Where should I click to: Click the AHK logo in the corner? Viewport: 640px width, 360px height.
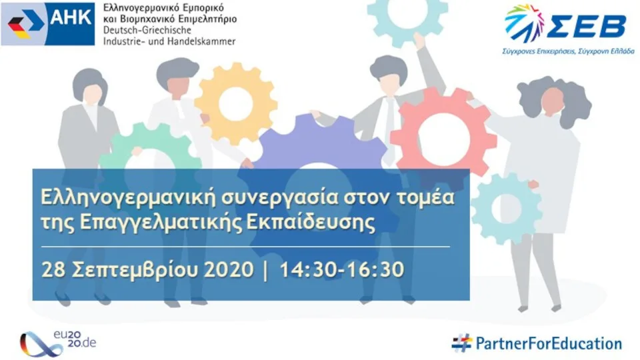click(48, 23)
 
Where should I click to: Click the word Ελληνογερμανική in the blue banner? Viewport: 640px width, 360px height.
click(125, 198)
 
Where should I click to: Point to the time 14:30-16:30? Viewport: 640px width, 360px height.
click(342, 270)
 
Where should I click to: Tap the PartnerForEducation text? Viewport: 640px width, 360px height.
click(548, 343)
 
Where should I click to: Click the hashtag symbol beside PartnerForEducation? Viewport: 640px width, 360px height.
click(461, 343)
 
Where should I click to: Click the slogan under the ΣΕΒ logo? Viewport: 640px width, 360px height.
click(567, 51)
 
